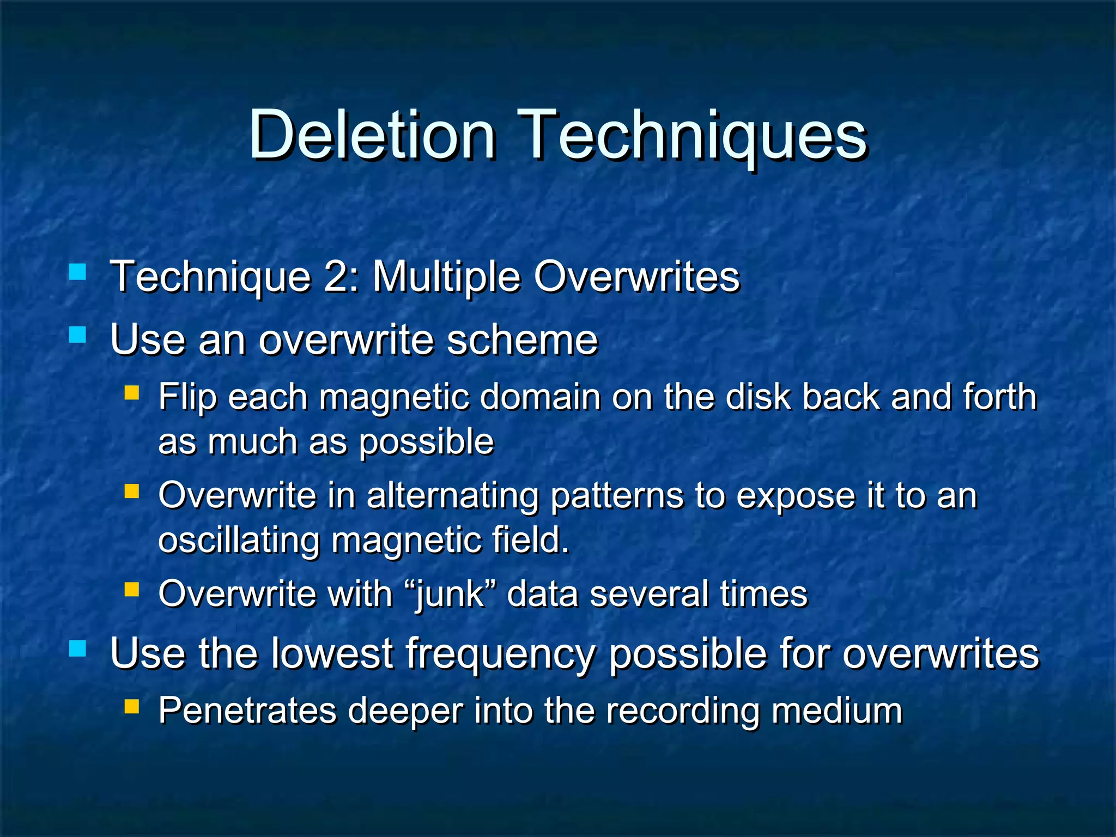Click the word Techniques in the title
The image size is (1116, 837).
pos(693,136)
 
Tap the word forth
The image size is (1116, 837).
pos(999,396)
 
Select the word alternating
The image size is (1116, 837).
pos(452,496)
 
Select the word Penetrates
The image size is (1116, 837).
pos(248,711)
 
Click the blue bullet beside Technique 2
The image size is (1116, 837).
pos(78,271)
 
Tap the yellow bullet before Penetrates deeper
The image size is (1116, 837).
pos(131,707)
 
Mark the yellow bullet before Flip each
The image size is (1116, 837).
pos(131,393)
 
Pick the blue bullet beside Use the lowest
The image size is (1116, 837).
pos(78,648)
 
